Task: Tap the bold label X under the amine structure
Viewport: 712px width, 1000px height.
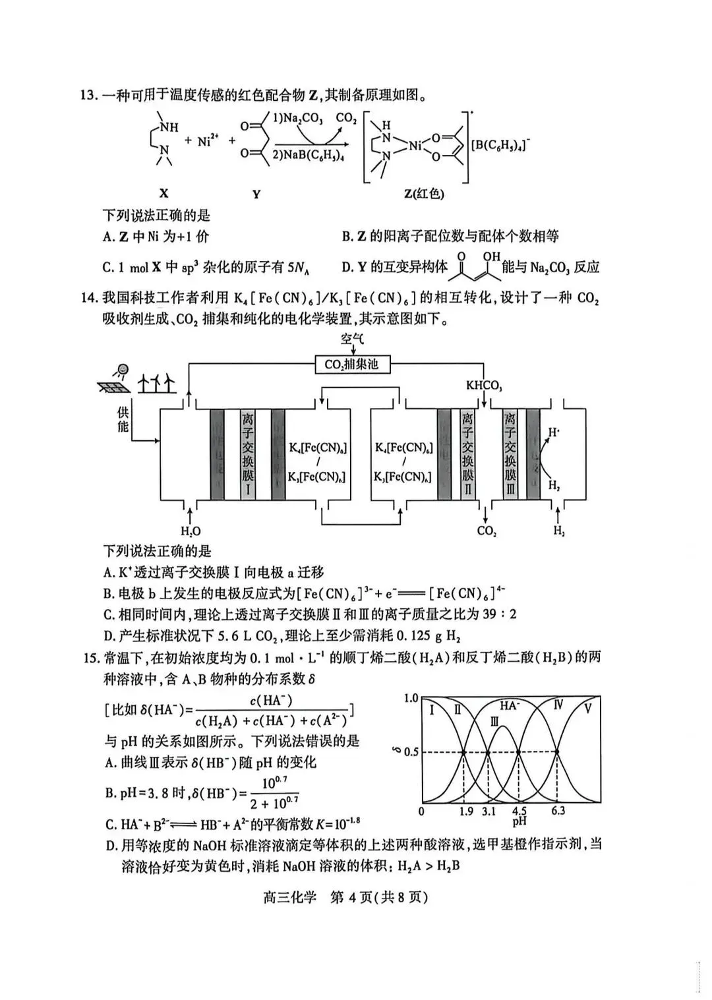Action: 163,193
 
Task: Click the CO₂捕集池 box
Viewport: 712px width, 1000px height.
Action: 351,364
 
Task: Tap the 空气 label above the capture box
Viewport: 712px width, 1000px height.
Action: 352,339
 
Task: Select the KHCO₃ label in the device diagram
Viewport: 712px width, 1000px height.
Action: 484,385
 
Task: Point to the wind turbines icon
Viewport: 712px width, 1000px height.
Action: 157,382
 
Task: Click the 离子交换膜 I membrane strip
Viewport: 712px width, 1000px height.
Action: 248,454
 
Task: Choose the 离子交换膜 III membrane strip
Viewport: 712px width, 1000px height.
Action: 510,454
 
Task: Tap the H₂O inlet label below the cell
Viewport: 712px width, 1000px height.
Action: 191,531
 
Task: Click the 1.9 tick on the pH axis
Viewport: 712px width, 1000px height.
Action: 466,811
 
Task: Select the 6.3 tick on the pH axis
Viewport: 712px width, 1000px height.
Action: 558,811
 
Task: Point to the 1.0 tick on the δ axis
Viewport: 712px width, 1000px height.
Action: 410,698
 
